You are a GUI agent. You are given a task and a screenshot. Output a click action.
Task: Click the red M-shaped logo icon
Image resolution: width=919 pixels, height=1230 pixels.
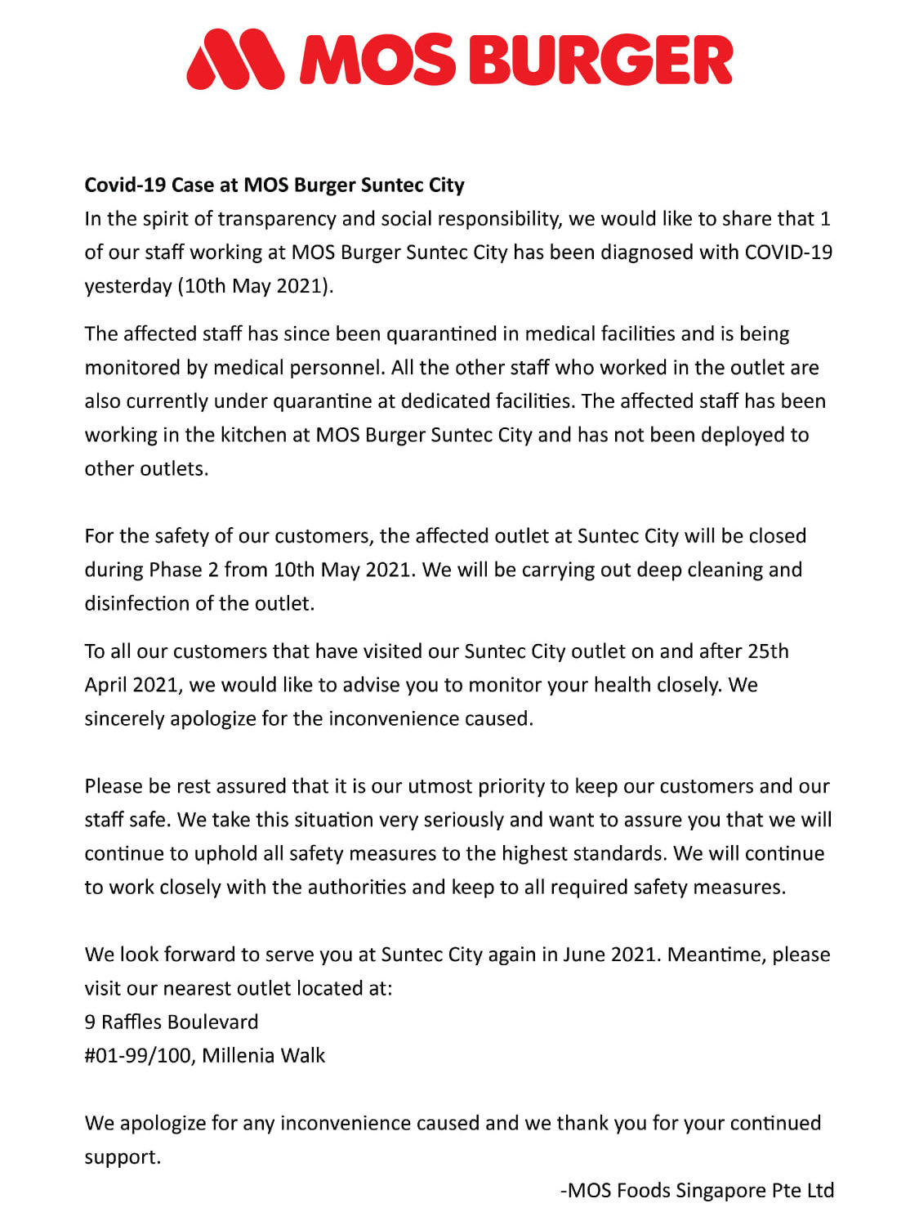point(235,59)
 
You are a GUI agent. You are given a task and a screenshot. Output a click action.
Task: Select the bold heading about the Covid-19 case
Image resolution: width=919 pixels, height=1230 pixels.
point(274,185)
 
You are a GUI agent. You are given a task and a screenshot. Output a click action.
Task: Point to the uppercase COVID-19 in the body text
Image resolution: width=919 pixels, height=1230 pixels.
point(788,253)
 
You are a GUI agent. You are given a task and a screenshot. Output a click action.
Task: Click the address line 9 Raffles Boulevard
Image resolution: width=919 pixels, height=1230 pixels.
point(172,1022)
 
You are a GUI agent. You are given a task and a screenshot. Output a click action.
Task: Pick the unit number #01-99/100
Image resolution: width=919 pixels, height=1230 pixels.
point(138,1056)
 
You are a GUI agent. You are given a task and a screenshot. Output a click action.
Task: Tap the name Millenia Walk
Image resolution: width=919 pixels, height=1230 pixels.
point(263,1056)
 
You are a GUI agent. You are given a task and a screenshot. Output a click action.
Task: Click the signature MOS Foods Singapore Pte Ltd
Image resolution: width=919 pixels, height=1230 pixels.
point(700,1191)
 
